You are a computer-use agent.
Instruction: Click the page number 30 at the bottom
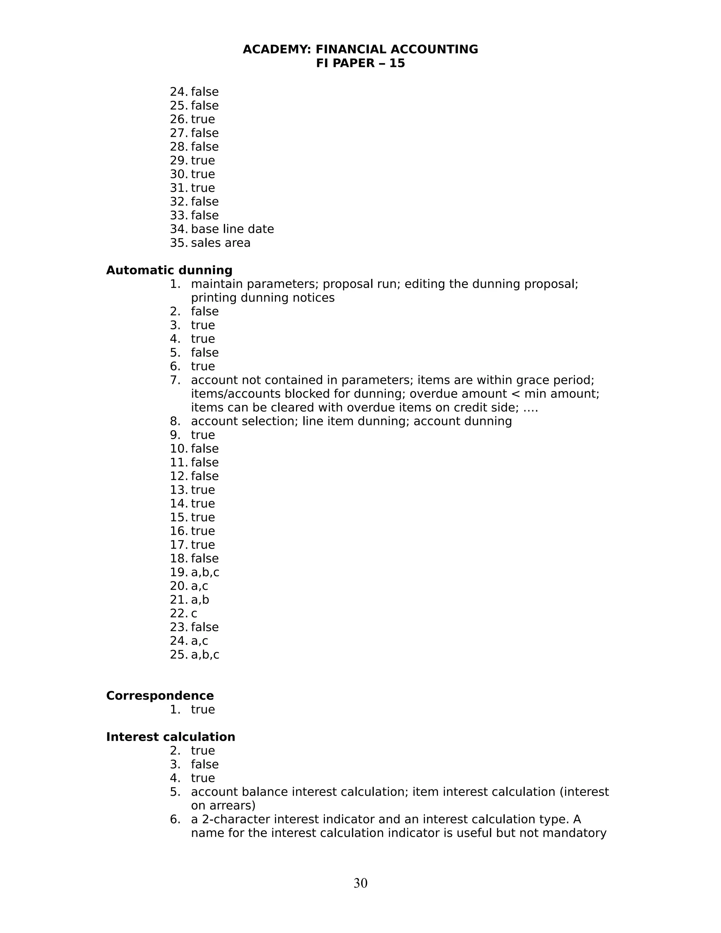point(360,883)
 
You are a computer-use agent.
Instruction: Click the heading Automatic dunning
point(169,270)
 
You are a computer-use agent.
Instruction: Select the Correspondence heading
point(160,696)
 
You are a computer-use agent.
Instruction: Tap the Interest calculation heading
point(170,737)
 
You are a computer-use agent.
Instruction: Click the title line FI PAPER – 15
point(360,63)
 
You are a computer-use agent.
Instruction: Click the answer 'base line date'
point(232,230)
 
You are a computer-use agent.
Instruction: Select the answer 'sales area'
point(220,243)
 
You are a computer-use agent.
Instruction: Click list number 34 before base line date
point(178,230)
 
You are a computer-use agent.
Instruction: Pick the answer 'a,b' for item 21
point(200,600)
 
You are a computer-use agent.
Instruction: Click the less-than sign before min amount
point(515,394)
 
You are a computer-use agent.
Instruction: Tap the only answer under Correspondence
point(203,709)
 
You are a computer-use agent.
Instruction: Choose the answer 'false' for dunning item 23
point(205,627)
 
